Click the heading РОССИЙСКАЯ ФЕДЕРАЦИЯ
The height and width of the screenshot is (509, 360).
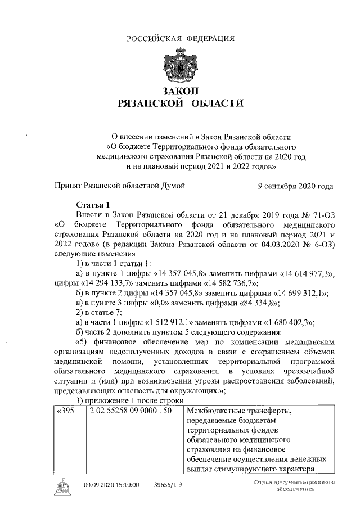(x=180, y=38)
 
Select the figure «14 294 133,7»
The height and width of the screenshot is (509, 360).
(x=111, y=282)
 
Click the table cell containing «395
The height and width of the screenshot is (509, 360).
(x=67, y=412)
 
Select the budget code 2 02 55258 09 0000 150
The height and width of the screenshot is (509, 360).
(x=130, y=412)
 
